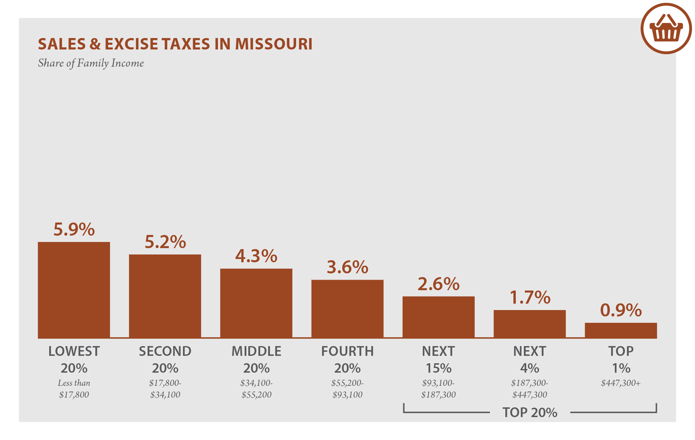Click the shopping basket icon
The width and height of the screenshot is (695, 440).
pyautogui.click(x=666, y=29)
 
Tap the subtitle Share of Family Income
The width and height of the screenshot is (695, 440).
pyautogui.click(x=91, y=63)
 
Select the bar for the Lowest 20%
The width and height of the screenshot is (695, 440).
pyautogui.click(x=74, y=290)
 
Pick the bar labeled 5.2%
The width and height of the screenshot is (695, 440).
pyautogui.click(x=165, y=296)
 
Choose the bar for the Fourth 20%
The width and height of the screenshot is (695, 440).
pyautogui.click(x=347, y=309)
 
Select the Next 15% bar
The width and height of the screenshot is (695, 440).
pyautogui.click(x=438, y=317)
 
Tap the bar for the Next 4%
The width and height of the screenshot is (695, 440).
pyautogui.click(x=530, y=324)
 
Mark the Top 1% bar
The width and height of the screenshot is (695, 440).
pyautogui.click(x=621, y=330)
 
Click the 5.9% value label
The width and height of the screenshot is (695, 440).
pyautogui.click(x=74, y=229)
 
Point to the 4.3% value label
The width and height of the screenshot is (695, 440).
pyautogui.click(x=256, y=256)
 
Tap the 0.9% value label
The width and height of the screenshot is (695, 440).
pyautogui.click(x=621, y=310)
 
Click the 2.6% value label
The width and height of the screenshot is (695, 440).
pyautogui.click(x=438, y=284)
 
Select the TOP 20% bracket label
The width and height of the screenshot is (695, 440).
pyautogui.click(x=530, y=412)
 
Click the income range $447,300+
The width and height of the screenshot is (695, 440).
pyautogui.click(x=621, y=383)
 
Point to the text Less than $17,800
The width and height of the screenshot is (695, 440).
pyautogui.click(x=74, y=389)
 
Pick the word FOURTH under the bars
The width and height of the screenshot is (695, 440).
pyautogui.click(x=347, y=351)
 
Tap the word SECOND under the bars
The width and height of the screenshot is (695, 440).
pyautogui.click(x=165, y=351)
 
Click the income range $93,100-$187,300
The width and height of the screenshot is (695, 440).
pyautogui.click(x=438, y=389)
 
